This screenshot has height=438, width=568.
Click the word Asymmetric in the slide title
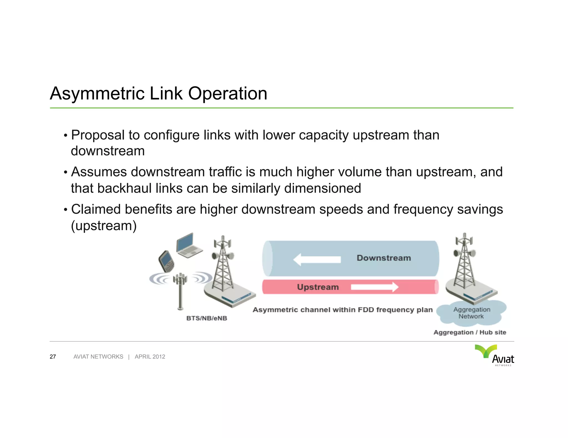coord(97,94)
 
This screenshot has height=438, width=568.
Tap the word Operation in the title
coord(227,94)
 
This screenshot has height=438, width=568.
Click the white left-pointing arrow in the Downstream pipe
coord(317,259)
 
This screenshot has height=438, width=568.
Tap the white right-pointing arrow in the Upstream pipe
coord(374,287)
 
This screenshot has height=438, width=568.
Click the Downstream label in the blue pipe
coord(384,258)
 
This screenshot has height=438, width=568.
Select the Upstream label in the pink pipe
coord(318,287)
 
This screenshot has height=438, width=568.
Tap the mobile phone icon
coord(166,261)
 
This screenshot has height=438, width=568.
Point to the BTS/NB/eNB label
coord(207,318)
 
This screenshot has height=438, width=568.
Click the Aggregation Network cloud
coord(471,313)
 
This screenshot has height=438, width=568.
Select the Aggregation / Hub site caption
coord(470,333)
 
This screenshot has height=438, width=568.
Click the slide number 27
coord(53,357)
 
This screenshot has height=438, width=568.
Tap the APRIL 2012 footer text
coord(150,357)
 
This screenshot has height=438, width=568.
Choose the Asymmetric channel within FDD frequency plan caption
coord(343,310)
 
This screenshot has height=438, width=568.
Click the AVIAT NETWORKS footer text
coord(98,357)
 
